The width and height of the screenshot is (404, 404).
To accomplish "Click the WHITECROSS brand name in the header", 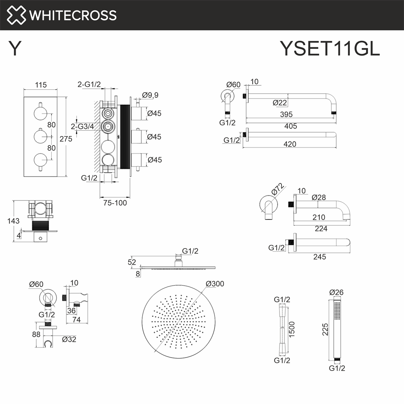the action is click(x=73, y=15).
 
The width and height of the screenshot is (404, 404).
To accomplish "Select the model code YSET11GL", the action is click(x=330, y=48).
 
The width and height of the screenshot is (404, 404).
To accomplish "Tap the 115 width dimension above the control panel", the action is click(x=41, y=85).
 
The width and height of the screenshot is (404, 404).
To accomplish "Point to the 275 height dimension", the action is click(x=66, y=139).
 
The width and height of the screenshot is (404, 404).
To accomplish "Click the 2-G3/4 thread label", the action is click(x=82, y=126).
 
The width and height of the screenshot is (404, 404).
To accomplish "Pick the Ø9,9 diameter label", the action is click(x=150, y=95).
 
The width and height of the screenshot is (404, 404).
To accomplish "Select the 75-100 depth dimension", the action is click(x=115, y=203).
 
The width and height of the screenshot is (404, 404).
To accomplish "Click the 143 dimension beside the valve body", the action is click(x=13, y=221).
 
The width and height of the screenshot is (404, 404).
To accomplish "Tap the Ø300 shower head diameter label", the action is click(x=215, y=284).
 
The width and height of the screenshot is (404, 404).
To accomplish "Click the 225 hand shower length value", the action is click(x=325, y=330).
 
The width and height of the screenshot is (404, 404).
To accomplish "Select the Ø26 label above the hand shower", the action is click(x=337, y=292).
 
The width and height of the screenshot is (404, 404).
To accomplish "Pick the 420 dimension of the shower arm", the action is click(x=290, y=144).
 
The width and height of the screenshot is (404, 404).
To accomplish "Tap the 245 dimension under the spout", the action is click(x=320, y=257).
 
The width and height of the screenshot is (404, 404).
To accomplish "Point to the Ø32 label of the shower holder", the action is click(x=69, y=339).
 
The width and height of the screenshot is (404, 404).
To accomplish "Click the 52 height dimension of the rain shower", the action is click(x=132, y=262).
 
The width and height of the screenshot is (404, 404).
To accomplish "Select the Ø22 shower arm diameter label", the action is click(x=280, y=103).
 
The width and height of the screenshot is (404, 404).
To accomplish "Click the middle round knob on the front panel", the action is click(x=41, y=137).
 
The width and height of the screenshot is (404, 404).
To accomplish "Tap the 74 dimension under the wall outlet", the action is click(x=76, y=320).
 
